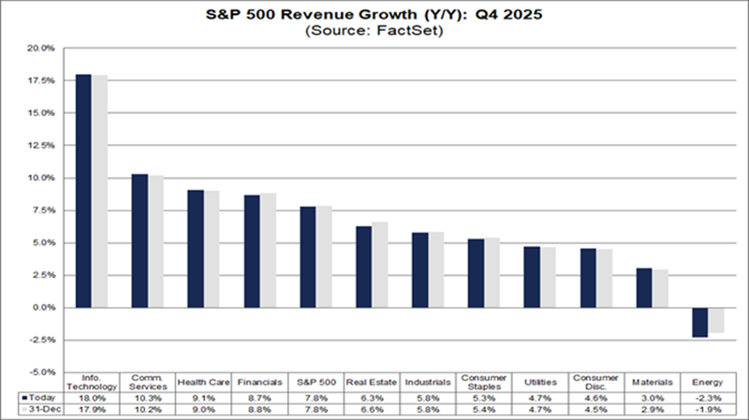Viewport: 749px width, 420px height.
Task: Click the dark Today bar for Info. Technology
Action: (83, 191)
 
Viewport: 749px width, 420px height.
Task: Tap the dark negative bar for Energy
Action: (699, 323)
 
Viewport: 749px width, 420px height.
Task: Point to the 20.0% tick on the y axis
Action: (41, 48)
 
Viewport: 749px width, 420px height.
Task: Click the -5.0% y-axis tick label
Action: (41, 372)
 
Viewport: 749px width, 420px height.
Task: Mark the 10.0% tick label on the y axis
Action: (41, 178)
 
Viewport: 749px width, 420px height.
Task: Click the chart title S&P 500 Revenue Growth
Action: (374, 15)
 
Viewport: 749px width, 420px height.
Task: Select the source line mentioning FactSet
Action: (374, 31)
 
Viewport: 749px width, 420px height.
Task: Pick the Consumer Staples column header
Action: (483, 382)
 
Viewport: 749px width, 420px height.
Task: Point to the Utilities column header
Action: (538, 382)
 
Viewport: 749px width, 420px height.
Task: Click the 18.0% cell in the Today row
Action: (91, 398)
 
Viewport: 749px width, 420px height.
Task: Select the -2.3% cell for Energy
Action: (707, 398)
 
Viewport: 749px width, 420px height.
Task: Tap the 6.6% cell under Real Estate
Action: (371, 410)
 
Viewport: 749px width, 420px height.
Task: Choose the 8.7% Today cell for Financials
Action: (258, 398)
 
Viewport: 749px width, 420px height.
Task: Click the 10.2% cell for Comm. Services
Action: (146, 410)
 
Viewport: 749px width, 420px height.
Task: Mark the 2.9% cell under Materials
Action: (651, 410)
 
